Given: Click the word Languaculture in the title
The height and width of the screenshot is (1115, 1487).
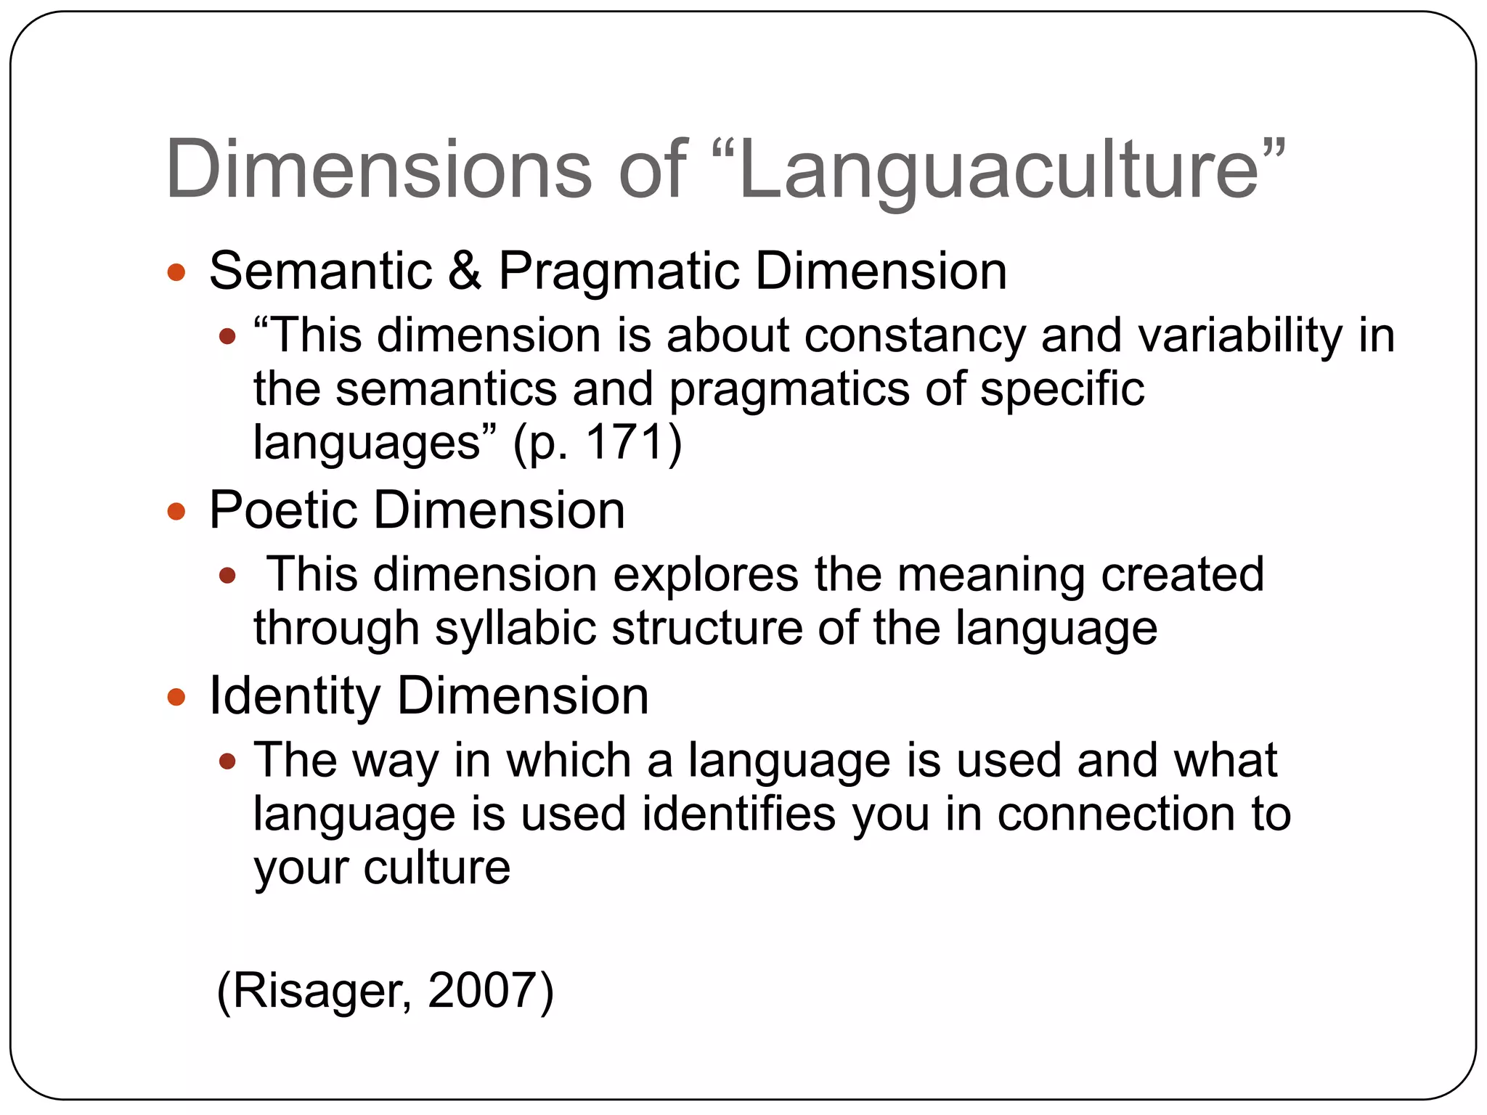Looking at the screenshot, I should tap(998, 171).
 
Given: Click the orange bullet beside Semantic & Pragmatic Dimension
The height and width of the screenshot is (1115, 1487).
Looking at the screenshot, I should tap(176, 273).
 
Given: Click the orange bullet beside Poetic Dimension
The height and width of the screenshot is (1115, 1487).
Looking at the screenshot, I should tap(176, 512).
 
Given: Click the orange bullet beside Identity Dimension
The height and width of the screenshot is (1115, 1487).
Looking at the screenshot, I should tap(176, 698).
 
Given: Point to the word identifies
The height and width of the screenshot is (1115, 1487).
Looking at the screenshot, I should tap(739, 813).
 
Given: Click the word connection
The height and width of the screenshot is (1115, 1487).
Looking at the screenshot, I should tap(1116, 813).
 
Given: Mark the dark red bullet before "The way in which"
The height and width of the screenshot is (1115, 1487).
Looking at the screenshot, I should tap(227, 761).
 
